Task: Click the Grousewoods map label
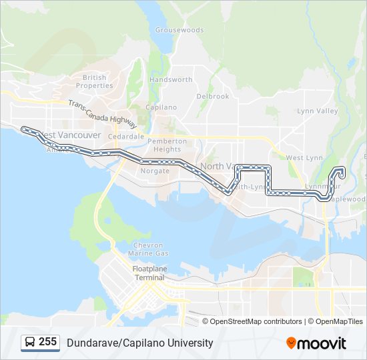pos(179,30)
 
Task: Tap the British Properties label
pos(94,81)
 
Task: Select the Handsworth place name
pos(171,79)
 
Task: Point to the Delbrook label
pos(213,96)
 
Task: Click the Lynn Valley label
pos(318,111)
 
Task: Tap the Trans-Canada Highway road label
pos(102,113)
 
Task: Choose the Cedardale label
pos(126,136)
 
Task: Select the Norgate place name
pos(155,171)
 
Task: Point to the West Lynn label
pos(304,158)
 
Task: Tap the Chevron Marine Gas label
pos(148,249)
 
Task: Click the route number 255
pos(47,342)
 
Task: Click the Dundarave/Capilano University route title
pos(139,343)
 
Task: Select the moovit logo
pos(316,343)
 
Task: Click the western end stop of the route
pos(23,128)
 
